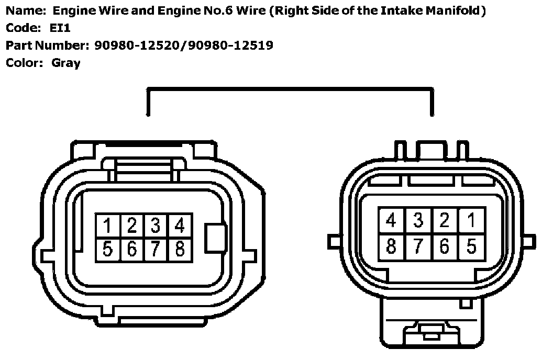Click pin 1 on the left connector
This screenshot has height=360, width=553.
tap(107, 226)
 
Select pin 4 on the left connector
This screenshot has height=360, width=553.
tap(180, 226)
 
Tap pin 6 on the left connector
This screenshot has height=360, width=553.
tap(131, 249)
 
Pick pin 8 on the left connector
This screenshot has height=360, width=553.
tap(180, 249)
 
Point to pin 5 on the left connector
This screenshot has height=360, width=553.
tap(107, 249)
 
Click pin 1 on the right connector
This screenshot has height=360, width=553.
tap(471, 220)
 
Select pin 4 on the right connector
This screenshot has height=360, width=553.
tap(391, 220)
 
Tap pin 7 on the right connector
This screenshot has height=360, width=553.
tap(418, 245)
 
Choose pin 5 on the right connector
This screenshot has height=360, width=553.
tap(471, 245)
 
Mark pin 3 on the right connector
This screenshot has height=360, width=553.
tap(418, 220)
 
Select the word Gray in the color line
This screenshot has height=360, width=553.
tap(66, 63)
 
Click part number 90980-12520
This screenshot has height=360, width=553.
tap(137, 46)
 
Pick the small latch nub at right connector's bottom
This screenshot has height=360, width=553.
tap(429, 332)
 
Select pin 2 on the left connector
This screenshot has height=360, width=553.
tap(131, 226)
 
